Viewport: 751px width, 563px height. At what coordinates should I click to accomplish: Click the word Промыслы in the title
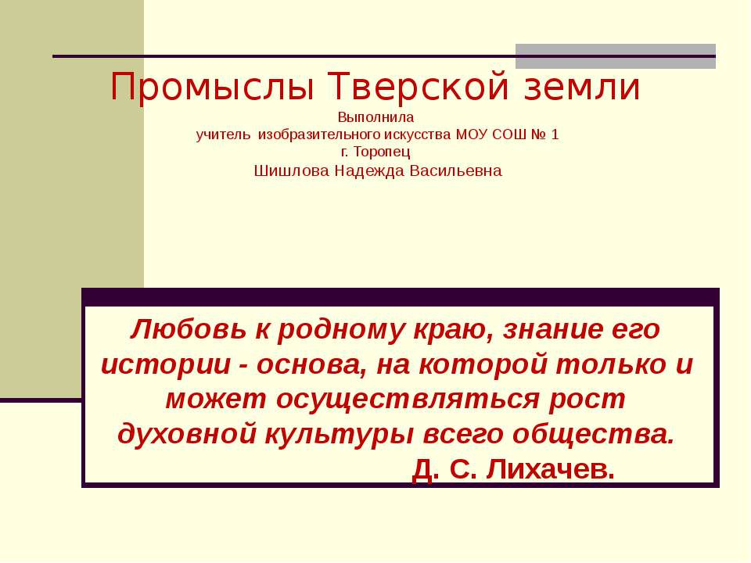tap(212, 88)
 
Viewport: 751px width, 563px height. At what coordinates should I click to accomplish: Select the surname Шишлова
tap(291, 171)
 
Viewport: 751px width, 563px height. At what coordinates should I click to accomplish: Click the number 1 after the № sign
tap(555, 134)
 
